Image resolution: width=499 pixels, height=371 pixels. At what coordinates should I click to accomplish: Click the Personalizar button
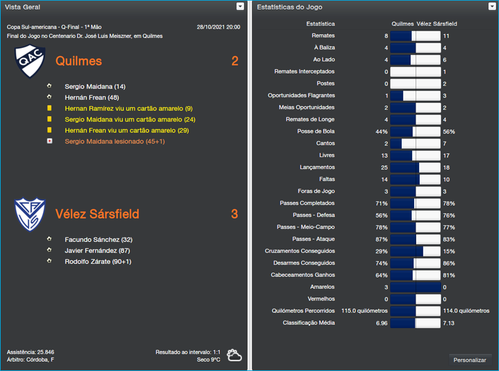(x=470, y=360)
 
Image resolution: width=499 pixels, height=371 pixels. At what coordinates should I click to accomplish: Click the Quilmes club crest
(x=30, y=62)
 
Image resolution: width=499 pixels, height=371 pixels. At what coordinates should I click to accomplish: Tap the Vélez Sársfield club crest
(x=30, y=214)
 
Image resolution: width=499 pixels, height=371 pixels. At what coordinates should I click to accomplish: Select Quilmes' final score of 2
(x=235, y=61)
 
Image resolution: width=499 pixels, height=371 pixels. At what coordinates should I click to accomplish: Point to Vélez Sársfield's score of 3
(x=235, y=214)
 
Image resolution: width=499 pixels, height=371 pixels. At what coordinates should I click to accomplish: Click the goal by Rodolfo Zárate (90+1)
(x=97, y=261)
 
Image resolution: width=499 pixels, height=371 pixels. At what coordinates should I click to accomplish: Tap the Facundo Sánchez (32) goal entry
(x=99, y=239)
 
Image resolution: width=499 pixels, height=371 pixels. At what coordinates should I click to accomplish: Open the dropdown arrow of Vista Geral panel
(x=240, y=6)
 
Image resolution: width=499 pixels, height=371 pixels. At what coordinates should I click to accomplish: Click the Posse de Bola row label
(x=316, y=132)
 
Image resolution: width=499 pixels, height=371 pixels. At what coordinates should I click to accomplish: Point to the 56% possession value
(x=448, y=132)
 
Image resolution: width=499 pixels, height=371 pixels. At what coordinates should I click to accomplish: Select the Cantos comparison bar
(x=415, y=143)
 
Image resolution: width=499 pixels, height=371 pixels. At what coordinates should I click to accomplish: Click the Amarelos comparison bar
(x=415, y=287)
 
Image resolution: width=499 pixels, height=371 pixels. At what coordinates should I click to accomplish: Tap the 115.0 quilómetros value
(x=364, y=311)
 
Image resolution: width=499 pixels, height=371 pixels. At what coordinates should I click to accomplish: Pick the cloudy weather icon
(x=235, y=355)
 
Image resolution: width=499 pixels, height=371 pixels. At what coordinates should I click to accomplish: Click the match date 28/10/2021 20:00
(x=218, y=27)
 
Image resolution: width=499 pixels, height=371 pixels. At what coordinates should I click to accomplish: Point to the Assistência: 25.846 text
(x=31, y=352)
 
